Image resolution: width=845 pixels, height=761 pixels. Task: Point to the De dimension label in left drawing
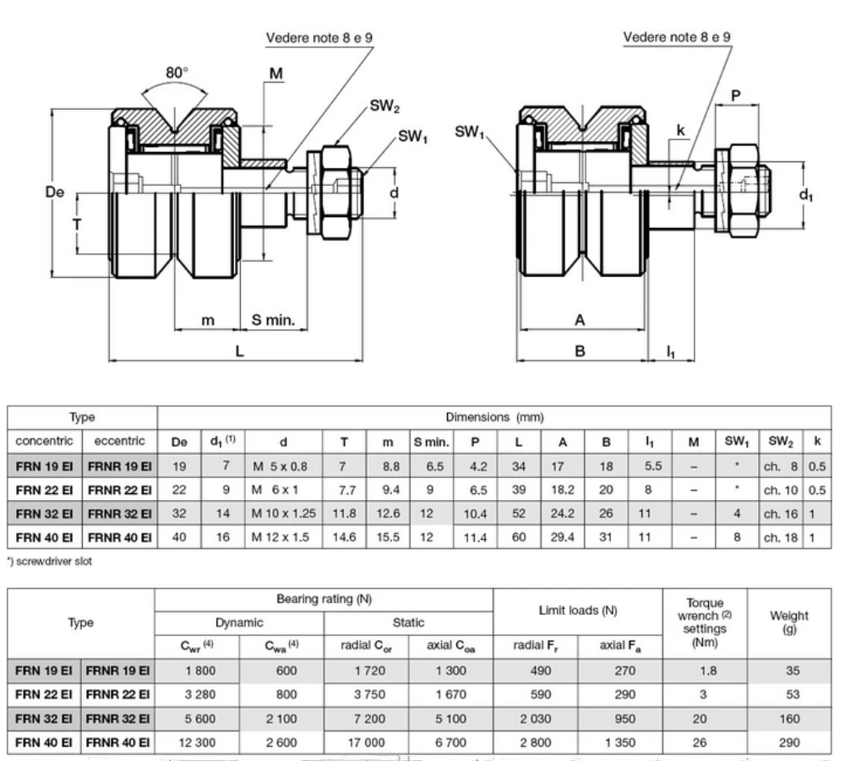coord(55,193)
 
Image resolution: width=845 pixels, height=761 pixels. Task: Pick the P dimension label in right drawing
coord(736,95)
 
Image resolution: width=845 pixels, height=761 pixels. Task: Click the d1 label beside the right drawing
coord(806,194)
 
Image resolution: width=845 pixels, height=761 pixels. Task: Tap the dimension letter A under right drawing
coord(580,320)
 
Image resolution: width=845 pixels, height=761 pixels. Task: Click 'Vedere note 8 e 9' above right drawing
coord(677,37)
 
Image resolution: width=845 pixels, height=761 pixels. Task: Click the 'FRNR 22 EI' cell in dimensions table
coord(119,488)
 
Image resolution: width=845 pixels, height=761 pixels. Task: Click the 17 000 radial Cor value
coord(366,742)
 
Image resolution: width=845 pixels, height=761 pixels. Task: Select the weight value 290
coord(789,742)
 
